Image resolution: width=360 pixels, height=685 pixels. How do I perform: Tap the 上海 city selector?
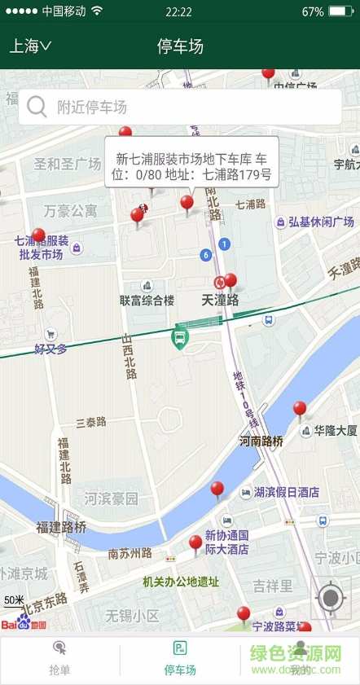coord(30,46)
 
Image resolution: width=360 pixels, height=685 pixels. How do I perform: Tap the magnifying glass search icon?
coord(37,107)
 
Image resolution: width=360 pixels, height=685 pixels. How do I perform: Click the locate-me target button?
coord(331,599)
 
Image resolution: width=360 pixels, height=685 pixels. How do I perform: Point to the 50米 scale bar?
coord(14,603)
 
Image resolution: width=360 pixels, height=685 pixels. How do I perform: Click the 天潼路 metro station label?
coord(220,300)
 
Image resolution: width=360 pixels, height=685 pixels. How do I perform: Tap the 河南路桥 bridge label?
coord(261,441)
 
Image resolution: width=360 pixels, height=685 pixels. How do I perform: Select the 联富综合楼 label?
coord(147,300)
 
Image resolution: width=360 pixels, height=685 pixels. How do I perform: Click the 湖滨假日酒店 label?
coord(285,492)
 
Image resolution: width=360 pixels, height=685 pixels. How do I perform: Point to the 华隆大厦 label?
coord(336,430)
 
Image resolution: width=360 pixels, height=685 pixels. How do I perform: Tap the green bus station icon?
coord(179,337)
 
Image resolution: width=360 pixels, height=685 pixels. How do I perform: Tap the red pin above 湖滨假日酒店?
coord(217,490)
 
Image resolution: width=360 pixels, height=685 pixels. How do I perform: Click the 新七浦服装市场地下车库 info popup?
coord(192,162)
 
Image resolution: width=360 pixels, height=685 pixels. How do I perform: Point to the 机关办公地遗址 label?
coord(181,582)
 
